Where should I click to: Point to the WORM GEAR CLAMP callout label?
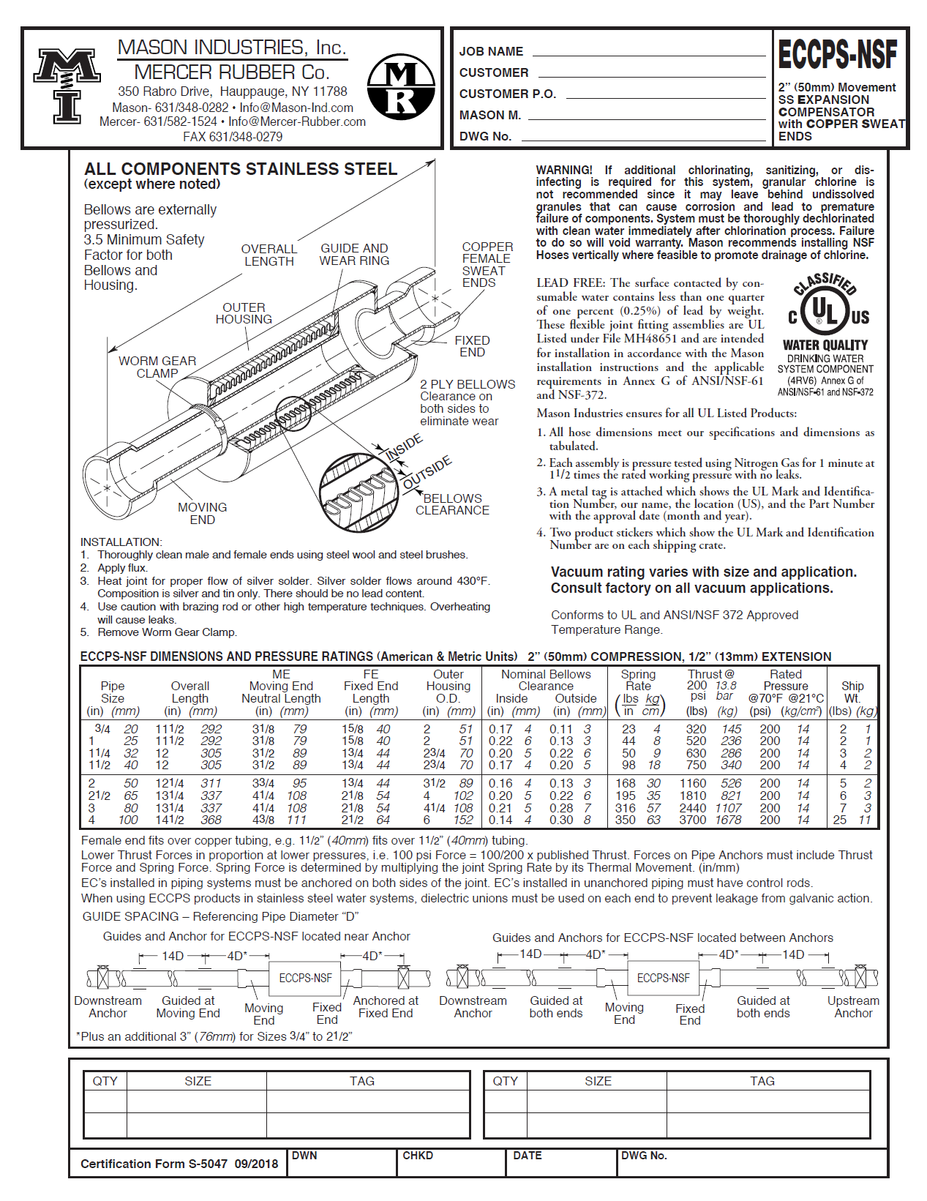[x=157, y=367]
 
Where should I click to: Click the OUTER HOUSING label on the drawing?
[x=244, y=313]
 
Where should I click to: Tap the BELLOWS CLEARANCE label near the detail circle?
[x=452, y=504]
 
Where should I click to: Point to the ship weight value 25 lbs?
[x=839, y=820]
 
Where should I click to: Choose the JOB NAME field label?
[x=491, y=51]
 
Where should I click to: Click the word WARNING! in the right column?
[x=563, y=170]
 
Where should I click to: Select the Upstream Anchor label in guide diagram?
[x=853, y=1006]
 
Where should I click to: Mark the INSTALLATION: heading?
[x=121, y=542]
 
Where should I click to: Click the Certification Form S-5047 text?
[x=179, y=1164]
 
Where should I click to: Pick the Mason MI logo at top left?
[x=67, y=84]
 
